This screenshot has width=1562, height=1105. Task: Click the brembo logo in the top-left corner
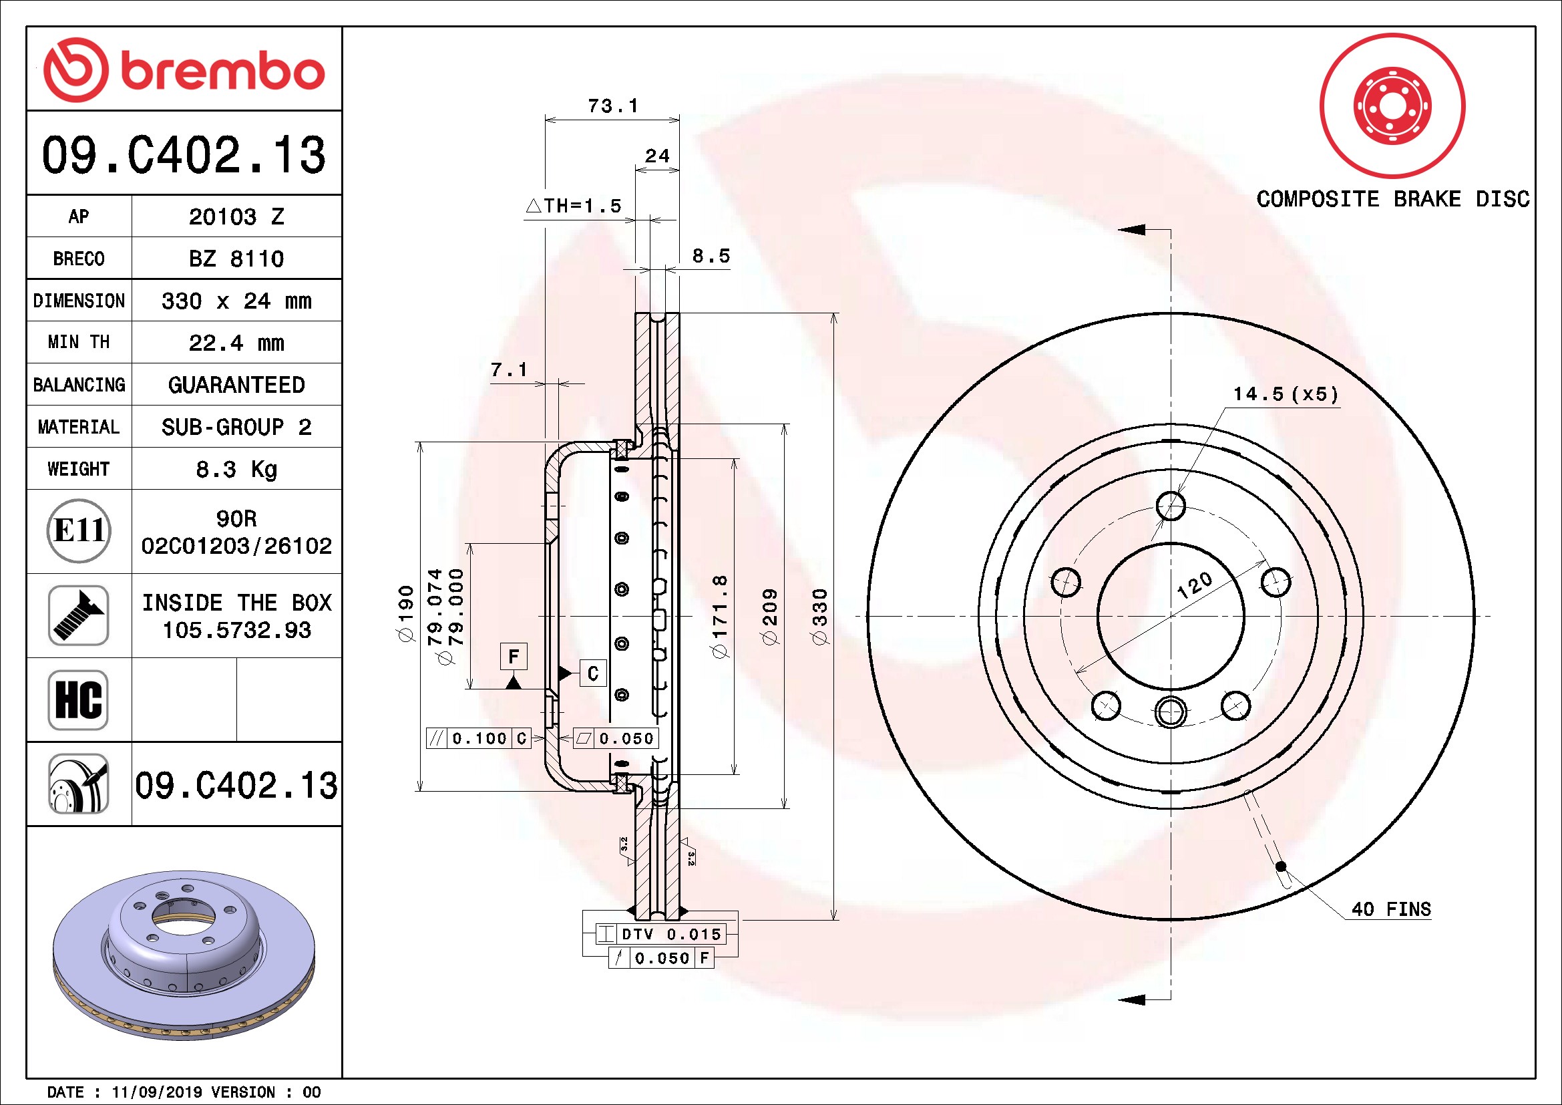click(x=184, y=69)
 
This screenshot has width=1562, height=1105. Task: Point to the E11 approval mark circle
click(x=79, y=530)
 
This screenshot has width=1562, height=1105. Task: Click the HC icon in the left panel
click(x=78, y=699)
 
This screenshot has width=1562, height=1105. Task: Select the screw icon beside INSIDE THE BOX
click(x=78, y=615)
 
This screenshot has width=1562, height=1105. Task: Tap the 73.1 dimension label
click(x=613, y=106)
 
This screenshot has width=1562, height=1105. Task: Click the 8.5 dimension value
click(x=711, y=256)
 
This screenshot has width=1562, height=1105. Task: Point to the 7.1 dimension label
click(x=509, y=369)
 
